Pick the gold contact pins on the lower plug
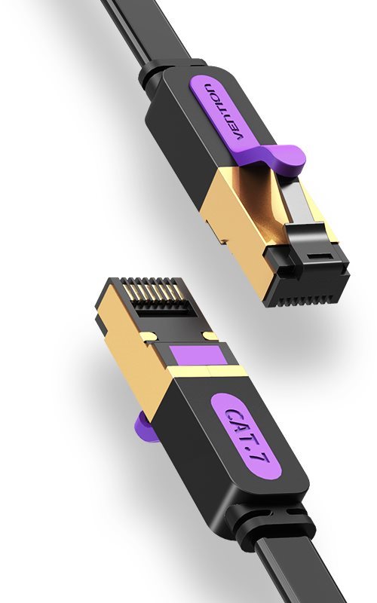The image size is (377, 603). [x=153, y=295]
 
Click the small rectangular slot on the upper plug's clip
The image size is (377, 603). [x=319, y=256]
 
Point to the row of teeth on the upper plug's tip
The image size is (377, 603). [x=308, y=297]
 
